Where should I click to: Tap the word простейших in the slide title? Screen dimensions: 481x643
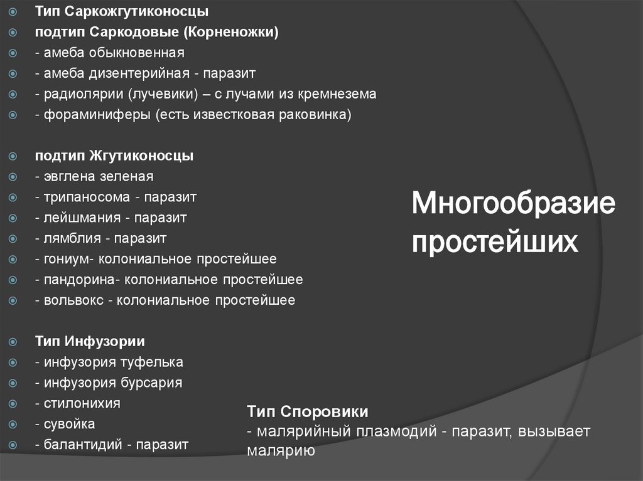tap(494, 241)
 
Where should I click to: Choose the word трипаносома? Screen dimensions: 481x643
tap(86, 198)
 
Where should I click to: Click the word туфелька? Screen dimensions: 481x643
tap(151, 362)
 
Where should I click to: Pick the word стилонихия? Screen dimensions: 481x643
tap(82, 403)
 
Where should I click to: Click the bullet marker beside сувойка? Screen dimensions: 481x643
tap(13, 425)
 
